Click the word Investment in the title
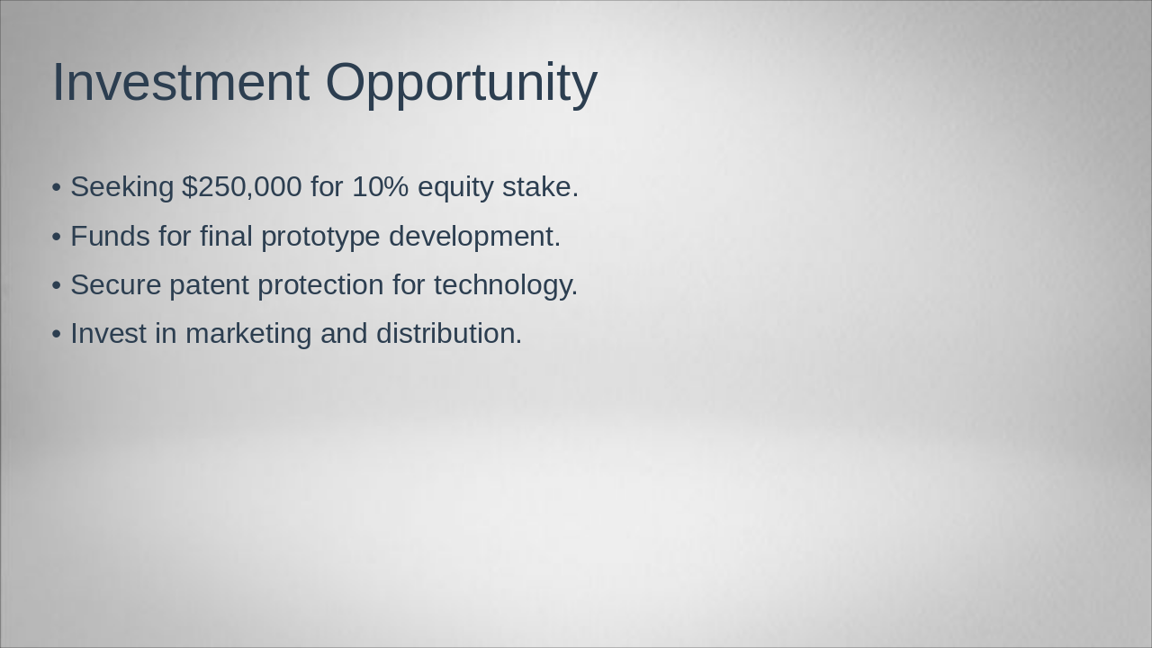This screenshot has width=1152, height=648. [x=180, y=83]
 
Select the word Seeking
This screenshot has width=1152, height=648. [x=121, y=187]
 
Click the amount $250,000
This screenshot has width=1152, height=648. [x=241, y=187]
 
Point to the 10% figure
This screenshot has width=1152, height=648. [x=380, y=187]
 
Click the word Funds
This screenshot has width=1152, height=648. [x=110, y=237]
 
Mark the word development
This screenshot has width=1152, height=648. [x=474, y=237]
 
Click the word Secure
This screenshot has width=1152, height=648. [x=115, y=285]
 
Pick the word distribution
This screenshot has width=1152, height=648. [x=448, y=334]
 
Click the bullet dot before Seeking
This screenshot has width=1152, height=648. [x=57, y=188]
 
